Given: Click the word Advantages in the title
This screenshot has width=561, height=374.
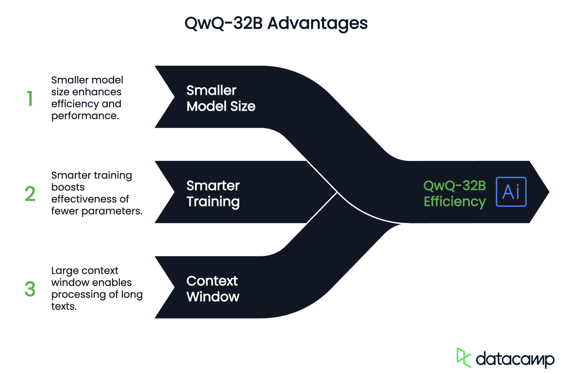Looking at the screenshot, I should point(317,23).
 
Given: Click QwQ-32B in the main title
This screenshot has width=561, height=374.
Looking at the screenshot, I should point(223,23).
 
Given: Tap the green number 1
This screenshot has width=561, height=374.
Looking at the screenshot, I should point(30,98).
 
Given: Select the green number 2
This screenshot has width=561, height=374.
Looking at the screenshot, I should point(30,194).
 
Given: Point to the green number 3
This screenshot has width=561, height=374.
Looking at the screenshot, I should point(30,289).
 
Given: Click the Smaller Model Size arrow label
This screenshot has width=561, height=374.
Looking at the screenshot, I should point(221,98).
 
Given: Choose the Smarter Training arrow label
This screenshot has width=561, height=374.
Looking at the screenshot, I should point(213,194).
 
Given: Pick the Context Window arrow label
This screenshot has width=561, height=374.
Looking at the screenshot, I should point(213,289).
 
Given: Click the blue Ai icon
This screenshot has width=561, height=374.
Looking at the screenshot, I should point(511,192).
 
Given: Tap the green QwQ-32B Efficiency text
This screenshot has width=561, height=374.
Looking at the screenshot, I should point(455,194).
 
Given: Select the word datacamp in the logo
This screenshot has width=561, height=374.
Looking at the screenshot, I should point(515,359).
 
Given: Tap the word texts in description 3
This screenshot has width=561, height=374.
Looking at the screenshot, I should point(63,307).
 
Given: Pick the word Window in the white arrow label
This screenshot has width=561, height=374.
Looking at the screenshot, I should point(213,297).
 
